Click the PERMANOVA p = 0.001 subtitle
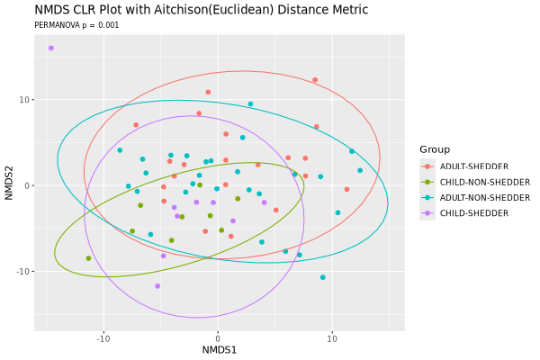tap(76, 25)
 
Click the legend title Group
tap(435, 149)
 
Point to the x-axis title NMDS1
tap(219, 349)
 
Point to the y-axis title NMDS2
tap(10, 185)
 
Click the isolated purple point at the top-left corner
tap(51, 49)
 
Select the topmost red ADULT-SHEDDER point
tap(315, 80)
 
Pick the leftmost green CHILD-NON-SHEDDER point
tap(88, 258)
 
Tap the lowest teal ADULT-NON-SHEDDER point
tap(323, 278)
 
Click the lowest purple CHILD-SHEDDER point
tap(157, 286)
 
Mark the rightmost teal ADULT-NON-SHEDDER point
tap(360, 170)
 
